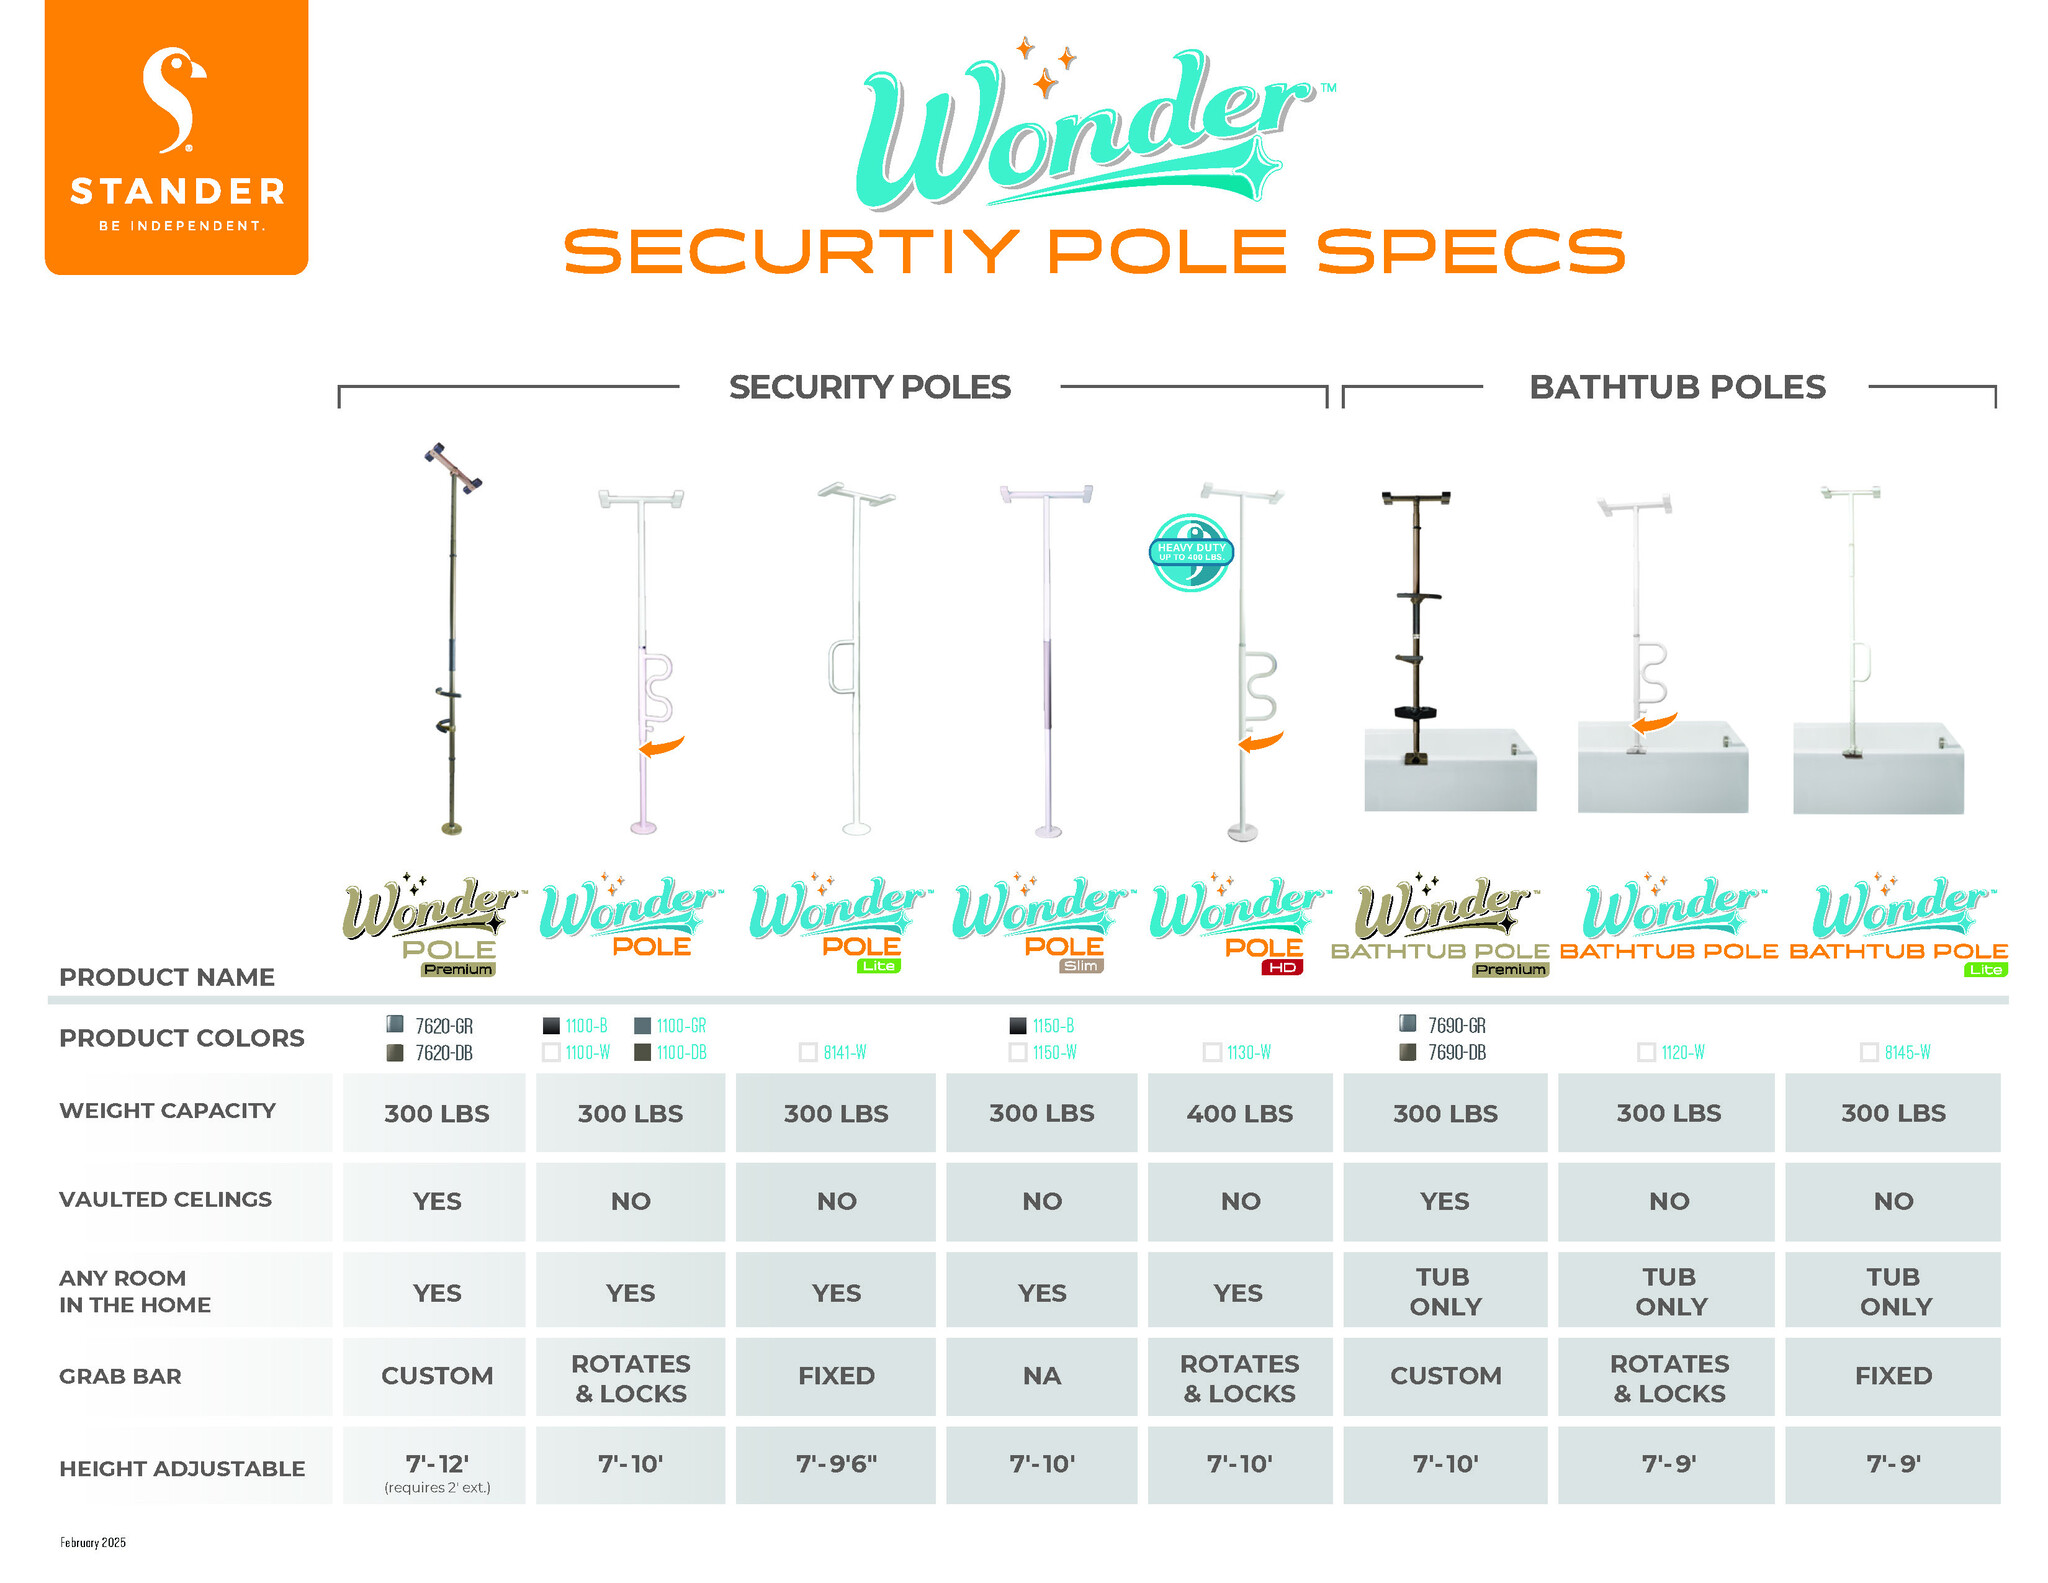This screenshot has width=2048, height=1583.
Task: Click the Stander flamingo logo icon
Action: tap(175, 100)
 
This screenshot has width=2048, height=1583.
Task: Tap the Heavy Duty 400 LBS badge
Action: tap(1191, 552)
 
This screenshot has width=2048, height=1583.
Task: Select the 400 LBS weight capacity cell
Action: tap(1240, 1113)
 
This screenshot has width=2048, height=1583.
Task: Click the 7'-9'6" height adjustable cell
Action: tap(836, 1464)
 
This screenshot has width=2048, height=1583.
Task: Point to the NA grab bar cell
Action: tap(1041, 1376)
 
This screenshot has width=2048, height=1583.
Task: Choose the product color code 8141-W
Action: tap(845, 1052)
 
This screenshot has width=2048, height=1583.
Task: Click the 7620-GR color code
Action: tap(444, 1026)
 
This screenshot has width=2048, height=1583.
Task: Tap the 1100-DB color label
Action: tap(681, 1052)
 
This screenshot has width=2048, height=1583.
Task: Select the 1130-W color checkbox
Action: tap(1212, 1052)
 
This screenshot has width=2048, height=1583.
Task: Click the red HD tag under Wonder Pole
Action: tap(1282, 967)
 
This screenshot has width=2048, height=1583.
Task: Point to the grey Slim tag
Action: tap(1081, 966)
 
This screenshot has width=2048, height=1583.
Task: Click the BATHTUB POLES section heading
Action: tap(1677, 387)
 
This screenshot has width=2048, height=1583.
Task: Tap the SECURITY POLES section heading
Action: tap(869, 387)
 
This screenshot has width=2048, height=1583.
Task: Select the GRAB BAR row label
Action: tap(120, 1376)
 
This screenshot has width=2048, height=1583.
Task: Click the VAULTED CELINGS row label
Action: tap(165, 1199)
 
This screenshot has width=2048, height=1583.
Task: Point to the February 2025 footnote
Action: tap(93, 1542)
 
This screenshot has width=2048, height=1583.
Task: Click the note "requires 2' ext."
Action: tap(437, 1488)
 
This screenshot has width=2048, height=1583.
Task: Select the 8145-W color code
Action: tap(1907, 1052)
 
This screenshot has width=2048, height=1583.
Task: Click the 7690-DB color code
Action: tap(1456, 1052)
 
